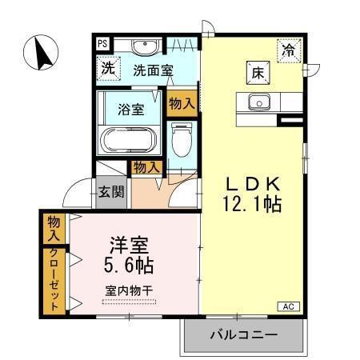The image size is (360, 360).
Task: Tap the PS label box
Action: (x=102, y=45)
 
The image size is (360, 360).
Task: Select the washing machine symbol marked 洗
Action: (x=106, y=69)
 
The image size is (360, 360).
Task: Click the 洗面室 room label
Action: (x=153, y=70)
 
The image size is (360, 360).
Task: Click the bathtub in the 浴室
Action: (x=130, y=141)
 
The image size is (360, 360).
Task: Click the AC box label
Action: (x=288, y=306)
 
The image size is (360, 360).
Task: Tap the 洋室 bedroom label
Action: (x=127, y=242)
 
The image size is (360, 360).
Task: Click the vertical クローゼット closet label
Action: (x=54, y=281)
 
